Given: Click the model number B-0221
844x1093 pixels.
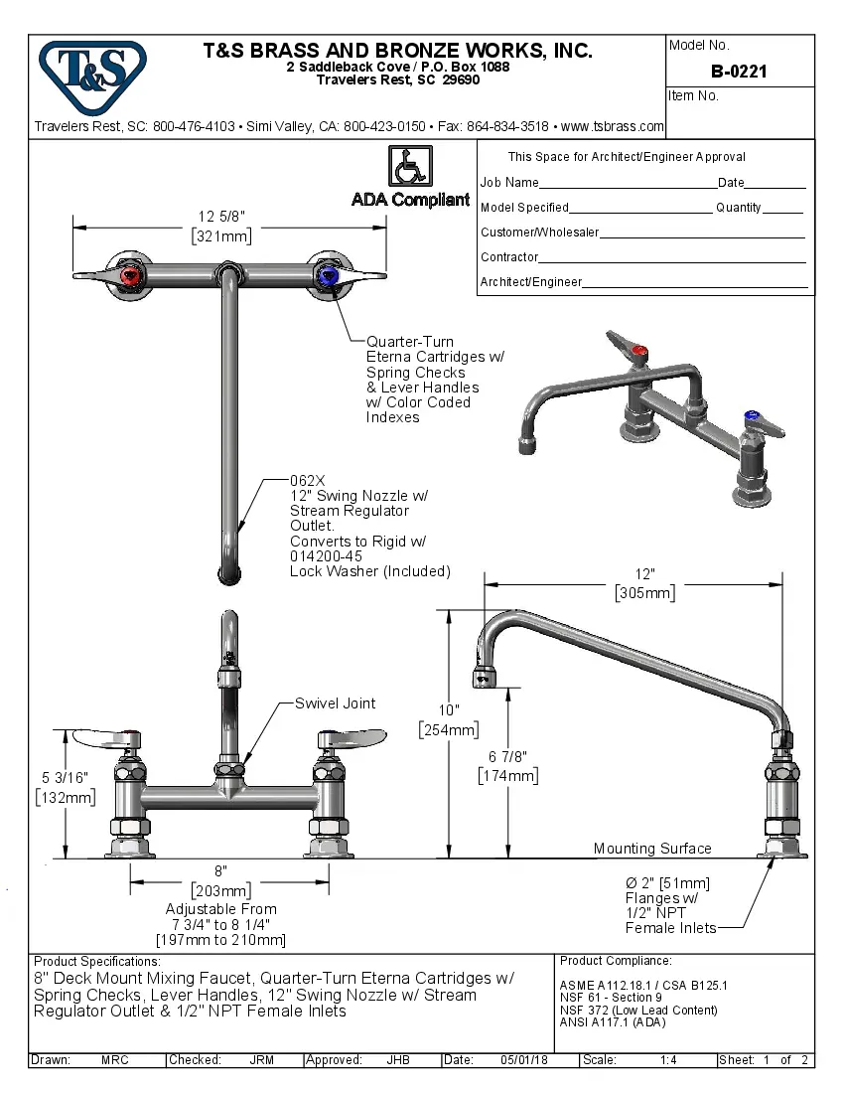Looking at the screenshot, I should point(739,72).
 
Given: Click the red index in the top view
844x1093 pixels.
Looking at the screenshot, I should point(129,276).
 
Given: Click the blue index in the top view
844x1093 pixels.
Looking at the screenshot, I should point(329,276).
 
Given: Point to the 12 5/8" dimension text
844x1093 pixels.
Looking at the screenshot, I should point(220,217).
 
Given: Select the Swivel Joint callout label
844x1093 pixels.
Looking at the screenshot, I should point(335,703).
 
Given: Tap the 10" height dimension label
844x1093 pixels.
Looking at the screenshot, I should point(448,709).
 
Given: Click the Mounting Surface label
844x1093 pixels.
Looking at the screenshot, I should point(652,849).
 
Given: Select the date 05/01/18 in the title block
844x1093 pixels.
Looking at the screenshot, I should point(524,1060).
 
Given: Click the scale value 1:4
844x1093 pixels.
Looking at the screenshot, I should point(668,1060).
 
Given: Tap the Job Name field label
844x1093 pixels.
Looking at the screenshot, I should point(509,183).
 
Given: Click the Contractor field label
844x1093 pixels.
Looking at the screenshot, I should point(509,257).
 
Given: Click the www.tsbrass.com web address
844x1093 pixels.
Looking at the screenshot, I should point(612,126).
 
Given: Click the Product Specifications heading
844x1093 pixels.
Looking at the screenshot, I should point(96,962).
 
